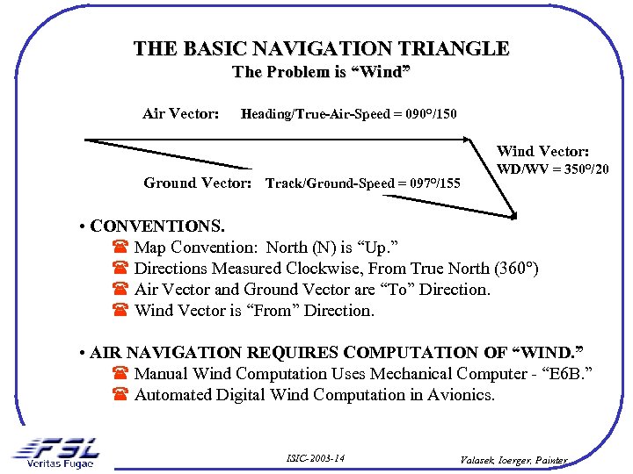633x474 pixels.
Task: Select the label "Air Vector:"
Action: tap(181, 113)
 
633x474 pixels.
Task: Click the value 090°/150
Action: tap(426, 114)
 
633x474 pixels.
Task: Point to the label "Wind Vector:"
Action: tap(542, 152)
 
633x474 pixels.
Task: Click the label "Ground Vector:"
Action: tap(198, 183)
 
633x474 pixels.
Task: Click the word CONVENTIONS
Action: tap(157, 226)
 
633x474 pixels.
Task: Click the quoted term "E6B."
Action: tap(565, 374)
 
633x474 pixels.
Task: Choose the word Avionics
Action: tap(461, 395)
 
